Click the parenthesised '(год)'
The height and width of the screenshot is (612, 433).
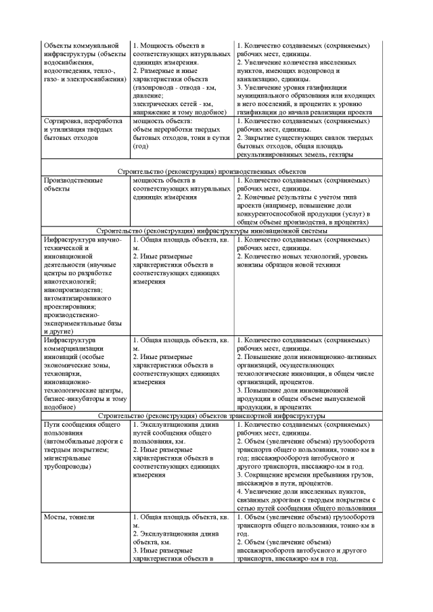(x=141, y=147)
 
